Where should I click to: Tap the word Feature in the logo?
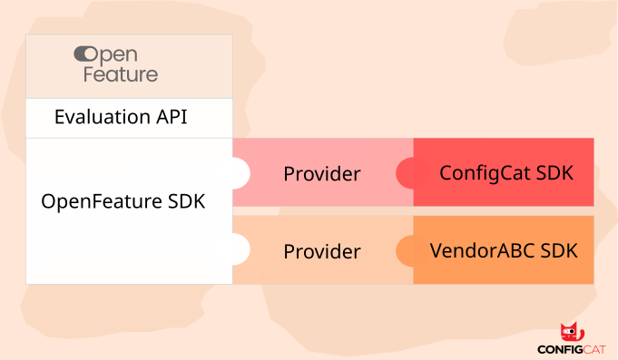121,74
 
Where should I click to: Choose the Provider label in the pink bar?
321,173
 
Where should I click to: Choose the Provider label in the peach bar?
321,251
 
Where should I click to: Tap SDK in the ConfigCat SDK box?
555,172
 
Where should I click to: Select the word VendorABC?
482,250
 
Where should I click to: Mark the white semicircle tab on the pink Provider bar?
240,172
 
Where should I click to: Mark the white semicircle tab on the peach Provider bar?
240,250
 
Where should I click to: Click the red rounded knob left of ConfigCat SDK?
406,172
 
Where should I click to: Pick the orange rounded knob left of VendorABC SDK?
406,250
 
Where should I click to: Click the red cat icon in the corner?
572,332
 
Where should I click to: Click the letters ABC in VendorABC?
512,250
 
